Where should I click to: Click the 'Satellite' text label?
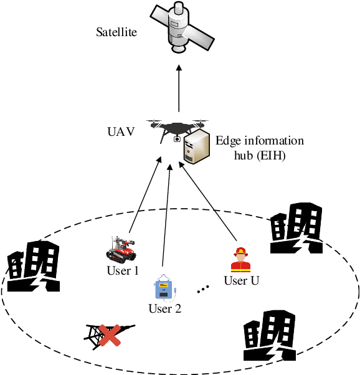point(116,32)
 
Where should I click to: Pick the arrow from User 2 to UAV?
point(166,215)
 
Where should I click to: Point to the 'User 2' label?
point(164,308)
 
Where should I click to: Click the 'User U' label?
point(241,280)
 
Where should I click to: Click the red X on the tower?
point(110,336)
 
